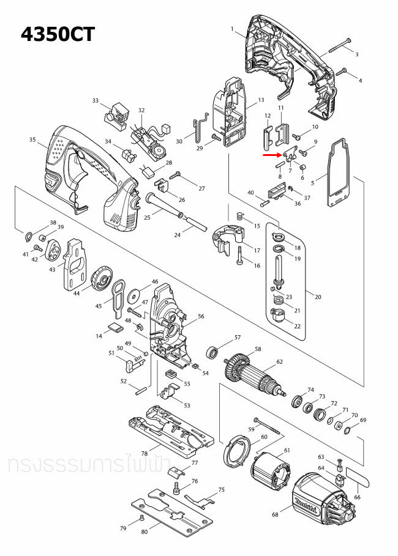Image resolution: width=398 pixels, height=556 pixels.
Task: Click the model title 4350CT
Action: click(x=58, y=34)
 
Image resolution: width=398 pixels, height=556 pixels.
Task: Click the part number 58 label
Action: click(x=258, y=349)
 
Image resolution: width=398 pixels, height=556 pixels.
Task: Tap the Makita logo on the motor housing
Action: click(x=304, y=504)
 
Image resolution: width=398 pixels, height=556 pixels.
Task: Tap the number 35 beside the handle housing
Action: click(x=33, y=140)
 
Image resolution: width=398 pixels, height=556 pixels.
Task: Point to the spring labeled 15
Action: click(x=241, y=215)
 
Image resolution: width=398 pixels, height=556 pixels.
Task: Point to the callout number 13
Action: click(x=261, y=100)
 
